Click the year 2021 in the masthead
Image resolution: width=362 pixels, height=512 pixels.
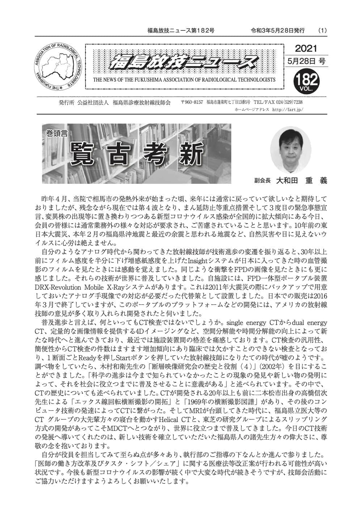[306, 49]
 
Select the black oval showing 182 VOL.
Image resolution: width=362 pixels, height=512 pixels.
[306, 80]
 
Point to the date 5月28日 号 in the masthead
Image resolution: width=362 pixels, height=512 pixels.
[306, 61]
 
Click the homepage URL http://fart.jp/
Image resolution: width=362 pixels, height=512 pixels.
[287, 109]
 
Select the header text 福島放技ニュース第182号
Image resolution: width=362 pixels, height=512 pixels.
[181, 31]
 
